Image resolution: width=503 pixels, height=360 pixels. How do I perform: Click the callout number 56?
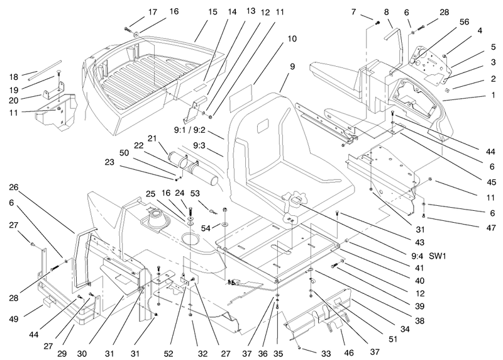tap(464, 22)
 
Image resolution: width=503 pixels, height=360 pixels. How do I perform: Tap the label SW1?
tap(438, 256)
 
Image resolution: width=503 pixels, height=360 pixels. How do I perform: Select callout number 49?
tap(14, 319)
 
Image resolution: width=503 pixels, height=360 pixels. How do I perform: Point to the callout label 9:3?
tap(199, 145)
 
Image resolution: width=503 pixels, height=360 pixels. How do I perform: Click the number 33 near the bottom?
tap(326, 354)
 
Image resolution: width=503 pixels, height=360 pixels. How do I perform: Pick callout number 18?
tap(13, 77)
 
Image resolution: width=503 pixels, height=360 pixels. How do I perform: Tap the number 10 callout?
tap(292, 39)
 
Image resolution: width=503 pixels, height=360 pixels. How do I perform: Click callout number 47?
tap(491, 228)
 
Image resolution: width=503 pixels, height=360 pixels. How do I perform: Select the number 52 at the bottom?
tap(168, 354)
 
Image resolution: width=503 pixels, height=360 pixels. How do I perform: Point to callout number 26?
tap(13, 187)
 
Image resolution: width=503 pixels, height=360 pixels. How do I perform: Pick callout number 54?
tap(206, 228)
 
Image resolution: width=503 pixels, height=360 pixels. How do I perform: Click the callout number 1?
tap(494, 96)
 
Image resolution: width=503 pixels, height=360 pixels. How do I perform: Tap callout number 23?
tap(109, 162)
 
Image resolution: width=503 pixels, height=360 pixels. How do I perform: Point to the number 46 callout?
tap(349, 353)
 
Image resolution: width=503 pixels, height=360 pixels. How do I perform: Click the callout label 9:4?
tap(417, 256)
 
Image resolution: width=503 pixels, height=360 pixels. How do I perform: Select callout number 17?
tap(153, 12)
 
